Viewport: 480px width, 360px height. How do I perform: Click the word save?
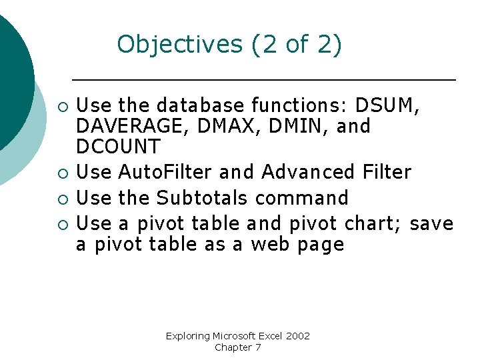coord(431,223)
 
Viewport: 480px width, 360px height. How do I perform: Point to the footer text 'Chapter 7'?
coord(238,347)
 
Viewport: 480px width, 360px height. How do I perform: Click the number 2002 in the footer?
coord(297,336)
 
